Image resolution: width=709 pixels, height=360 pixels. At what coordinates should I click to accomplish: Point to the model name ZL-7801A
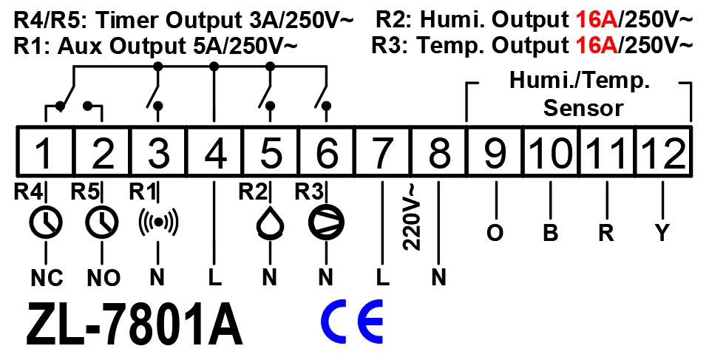point(135,324)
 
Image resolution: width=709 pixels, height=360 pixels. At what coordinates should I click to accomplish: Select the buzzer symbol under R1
point(158,221)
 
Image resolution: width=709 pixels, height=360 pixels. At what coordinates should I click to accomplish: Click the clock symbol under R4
point(46,221)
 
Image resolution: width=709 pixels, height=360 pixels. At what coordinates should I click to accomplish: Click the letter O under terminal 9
point(495,234)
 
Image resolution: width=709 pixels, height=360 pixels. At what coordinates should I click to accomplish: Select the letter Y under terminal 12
point(663,234)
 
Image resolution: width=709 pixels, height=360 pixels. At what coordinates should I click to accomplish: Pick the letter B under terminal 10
point(550,234)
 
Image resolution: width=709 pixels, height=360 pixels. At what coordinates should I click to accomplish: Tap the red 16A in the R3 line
point(597,46)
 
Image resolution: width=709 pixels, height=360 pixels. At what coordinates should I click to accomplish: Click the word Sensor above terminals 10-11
point(583,108)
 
